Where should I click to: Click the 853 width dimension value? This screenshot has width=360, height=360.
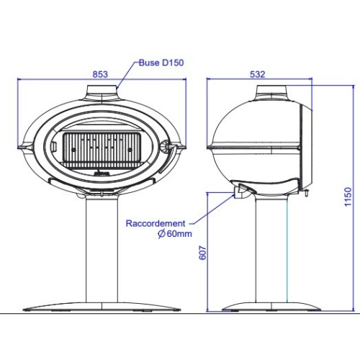click(100, 74)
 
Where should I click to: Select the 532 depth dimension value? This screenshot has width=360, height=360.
click(258, 74)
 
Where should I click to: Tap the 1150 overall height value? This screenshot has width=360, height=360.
click(348, 197)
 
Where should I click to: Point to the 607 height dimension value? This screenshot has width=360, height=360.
click(203, 253)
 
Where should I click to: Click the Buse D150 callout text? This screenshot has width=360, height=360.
click(161, 63)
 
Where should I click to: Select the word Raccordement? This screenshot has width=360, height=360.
click(156, 223)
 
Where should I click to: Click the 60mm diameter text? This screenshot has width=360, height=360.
click(179, 233)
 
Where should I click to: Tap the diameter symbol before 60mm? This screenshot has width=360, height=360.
click(161, 233)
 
